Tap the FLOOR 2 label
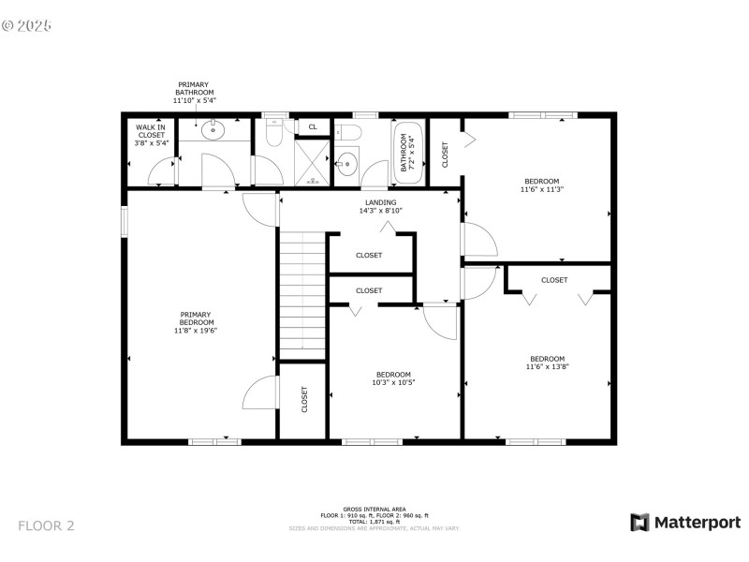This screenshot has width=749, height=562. coord(46,525)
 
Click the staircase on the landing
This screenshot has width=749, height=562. coord(301,295)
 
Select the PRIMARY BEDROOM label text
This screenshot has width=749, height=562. coord(196,322)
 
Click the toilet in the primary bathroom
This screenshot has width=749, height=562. coord(274,135)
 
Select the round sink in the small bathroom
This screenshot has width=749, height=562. coord(347,162)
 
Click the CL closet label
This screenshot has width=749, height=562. coord(313,126)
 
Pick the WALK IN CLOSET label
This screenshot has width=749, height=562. coord(151,135)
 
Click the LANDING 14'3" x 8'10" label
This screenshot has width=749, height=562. coord(380,206)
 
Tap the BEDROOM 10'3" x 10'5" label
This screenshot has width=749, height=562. coord(393,377)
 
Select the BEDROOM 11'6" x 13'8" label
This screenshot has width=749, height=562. coord(547,362)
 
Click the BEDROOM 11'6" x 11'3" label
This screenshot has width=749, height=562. coord(541,185)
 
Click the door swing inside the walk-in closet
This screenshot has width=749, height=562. coord(167,172)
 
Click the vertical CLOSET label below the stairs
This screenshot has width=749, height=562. coord(304,400)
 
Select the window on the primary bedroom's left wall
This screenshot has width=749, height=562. coord(125,220)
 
